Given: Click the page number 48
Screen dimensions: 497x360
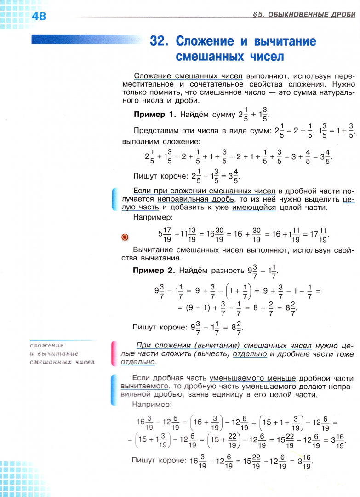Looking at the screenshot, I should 39,16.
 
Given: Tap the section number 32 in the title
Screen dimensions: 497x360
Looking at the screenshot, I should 157,41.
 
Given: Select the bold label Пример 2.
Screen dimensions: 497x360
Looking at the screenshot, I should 154,270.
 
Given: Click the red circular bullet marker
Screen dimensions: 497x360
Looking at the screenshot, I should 124,237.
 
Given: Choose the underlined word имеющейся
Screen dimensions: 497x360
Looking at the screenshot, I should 254,208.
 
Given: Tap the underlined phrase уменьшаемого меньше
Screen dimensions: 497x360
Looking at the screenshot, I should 252,378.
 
